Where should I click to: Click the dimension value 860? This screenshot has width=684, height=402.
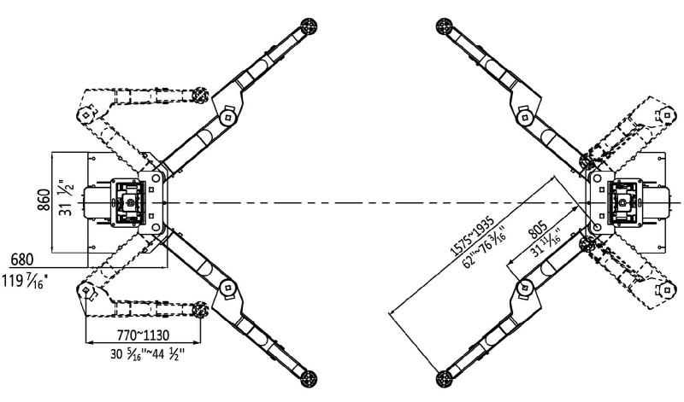44,200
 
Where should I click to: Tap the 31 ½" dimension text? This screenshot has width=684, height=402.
67,197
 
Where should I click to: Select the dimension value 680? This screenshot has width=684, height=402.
22,259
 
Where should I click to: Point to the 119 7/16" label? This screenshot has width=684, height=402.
25,281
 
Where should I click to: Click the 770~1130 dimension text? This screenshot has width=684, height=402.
143,335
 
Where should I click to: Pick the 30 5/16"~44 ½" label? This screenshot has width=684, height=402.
147,353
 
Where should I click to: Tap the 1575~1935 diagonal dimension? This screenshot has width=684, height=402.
472,236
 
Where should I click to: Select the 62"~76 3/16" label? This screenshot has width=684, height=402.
485,248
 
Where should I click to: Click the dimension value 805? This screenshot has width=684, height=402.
538,230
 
